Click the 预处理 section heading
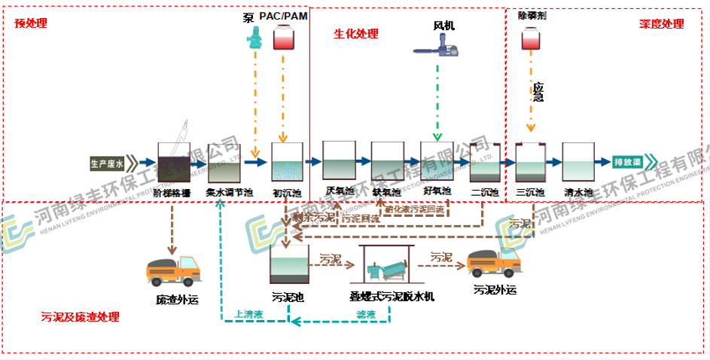coord(31,23)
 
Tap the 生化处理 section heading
coord(356,34)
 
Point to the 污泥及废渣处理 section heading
coord(80,317)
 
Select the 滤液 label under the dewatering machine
coord(366,314)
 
